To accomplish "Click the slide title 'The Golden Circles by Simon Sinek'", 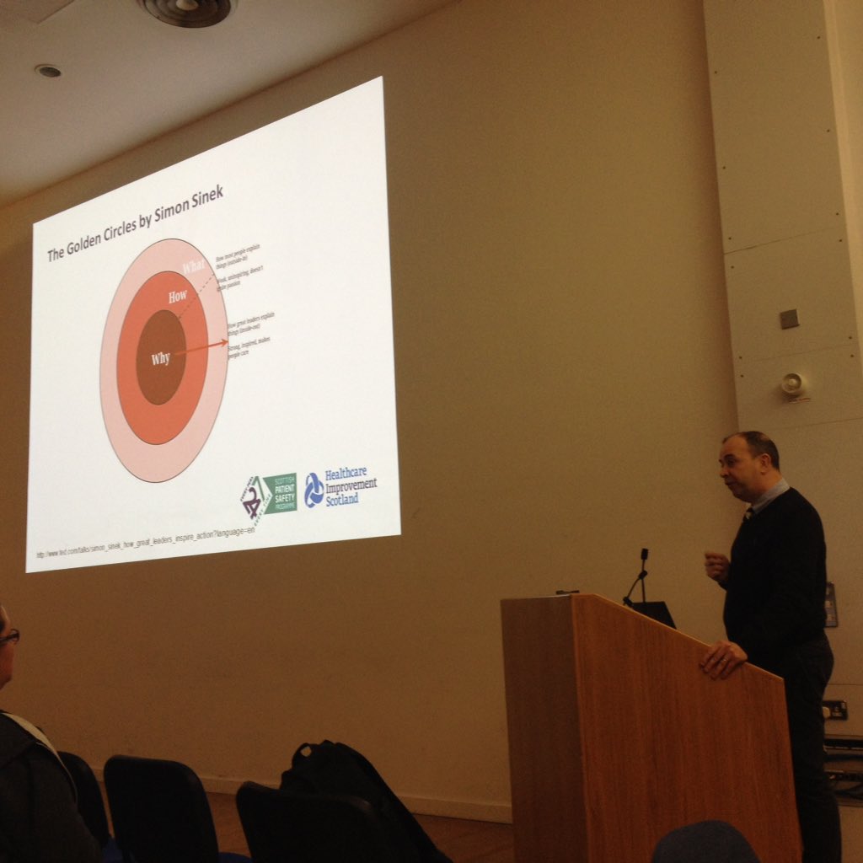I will (x=135, y=225).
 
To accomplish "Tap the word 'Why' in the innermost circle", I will (x=160, y=359).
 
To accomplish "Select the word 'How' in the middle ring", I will (x=178, y=297).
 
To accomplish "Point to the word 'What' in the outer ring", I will (x=194, y=267).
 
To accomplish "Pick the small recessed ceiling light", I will (x=47, y=72).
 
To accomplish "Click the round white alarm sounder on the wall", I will (x=792, y=384).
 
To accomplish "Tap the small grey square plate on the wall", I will (x=789, y=319).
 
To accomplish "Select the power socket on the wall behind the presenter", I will (x=834, y=710).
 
